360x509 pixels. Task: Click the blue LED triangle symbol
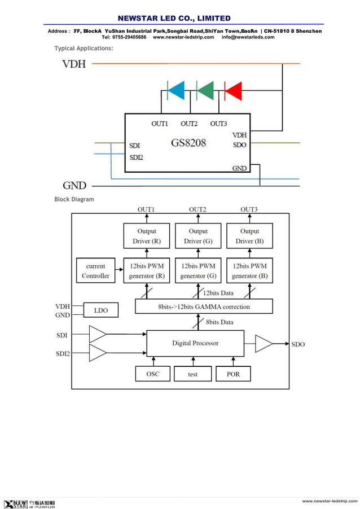175,90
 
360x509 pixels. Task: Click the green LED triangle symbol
205,90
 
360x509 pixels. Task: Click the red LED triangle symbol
233,90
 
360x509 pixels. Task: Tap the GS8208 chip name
188,143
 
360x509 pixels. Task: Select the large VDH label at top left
74,64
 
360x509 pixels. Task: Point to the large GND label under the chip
74,185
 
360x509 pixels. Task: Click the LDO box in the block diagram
100,310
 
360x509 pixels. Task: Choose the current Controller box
96,271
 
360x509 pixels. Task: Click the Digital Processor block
195,343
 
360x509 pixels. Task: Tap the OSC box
153,374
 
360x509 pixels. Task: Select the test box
192,374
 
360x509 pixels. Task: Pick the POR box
232,374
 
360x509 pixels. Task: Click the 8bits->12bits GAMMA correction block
204,306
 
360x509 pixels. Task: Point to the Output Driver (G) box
197,236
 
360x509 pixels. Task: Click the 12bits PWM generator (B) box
249,271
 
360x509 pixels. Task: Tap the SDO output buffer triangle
263,344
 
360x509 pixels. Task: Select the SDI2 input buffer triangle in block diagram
97,353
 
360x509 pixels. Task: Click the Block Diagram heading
74,199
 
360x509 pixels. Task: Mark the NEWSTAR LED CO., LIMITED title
174,18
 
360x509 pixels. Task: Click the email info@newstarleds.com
248,37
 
